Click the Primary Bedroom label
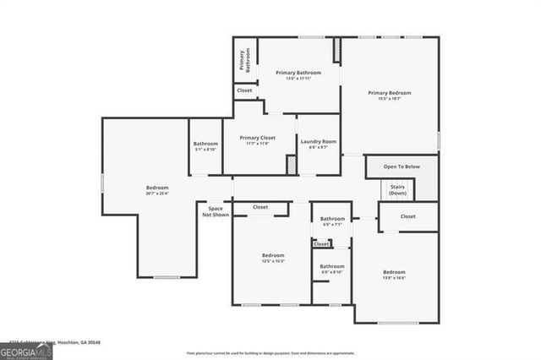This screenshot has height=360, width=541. click(389, 92)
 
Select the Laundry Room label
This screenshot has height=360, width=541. click(319, 141)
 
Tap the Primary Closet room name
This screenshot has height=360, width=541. click(258, 138)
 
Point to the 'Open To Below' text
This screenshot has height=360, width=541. click(401, 166)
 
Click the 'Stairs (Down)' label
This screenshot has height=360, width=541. click(397, 190)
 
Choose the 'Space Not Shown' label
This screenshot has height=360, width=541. click(215, 211)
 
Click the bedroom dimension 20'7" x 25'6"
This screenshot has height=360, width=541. click(157, 194)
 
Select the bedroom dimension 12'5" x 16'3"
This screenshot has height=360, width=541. click(272, 261)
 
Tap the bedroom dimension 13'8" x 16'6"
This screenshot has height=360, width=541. click(394, 278)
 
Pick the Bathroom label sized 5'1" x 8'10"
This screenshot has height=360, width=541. click(205, 150)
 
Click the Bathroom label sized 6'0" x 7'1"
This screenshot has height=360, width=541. click(332, 225)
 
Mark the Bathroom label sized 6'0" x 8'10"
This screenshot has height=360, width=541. click(331, 272)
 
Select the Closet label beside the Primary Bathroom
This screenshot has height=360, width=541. click(244, 90)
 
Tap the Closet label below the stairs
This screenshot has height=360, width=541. click(407, 216)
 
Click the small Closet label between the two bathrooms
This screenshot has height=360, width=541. click(321, 243)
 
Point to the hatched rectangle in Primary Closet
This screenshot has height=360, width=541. click(291, 165)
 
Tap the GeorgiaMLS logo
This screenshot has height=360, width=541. click(26, 349)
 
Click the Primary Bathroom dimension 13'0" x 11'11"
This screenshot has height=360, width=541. click(298, 79)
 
